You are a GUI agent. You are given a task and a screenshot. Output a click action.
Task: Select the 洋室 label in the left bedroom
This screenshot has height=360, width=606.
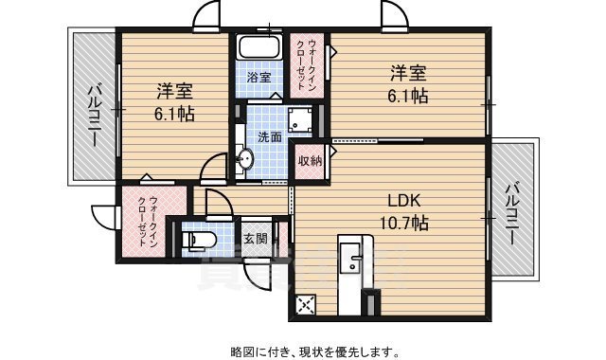point(175,92)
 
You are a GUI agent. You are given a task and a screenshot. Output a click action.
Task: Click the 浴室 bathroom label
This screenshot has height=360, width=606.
point(258,75)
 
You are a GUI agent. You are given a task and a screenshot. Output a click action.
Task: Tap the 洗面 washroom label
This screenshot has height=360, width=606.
point(270,136)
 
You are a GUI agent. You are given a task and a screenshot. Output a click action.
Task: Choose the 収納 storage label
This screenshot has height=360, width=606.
point(310,161)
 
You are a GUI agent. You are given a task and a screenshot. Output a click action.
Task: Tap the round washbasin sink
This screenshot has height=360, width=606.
point(244,161)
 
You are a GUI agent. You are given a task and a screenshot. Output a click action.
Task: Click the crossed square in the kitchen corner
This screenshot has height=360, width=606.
point(306,305)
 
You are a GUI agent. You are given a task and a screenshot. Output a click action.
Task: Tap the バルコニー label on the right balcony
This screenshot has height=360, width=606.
point(512,214)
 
